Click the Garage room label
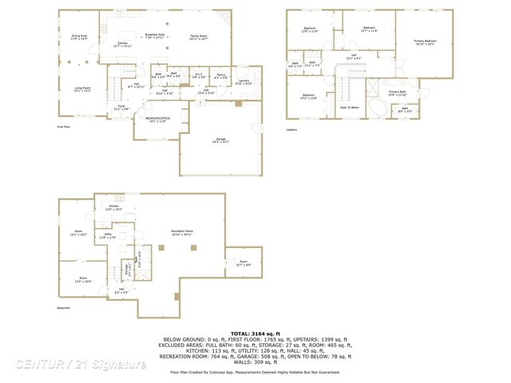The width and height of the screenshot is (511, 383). tap(220, 140)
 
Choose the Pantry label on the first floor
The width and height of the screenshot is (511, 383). tap(221, 75)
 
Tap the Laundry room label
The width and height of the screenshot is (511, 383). tap(244, 81)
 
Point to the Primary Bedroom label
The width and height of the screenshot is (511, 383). tap(425, 41)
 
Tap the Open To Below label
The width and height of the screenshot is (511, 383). tap(349, 107)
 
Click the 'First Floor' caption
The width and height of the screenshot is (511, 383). tap(65, 127)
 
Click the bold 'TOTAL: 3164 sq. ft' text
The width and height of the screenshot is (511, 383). tap(255, 333)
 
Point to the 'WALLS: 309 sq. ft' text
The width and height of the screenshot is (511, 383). tap(255, 362)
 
